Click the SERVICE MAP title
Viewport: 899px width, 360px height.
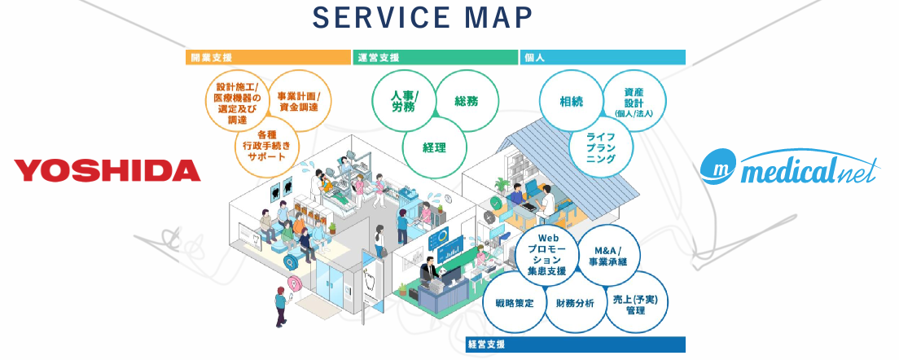tap(423, 17)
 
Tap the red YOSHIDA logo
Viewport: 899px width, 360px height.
tap(107, 170)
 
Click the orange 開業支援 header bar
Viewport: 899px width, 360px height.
tap(267, 57)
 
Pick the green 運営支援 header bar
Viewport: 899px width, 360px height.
tap(436, 57)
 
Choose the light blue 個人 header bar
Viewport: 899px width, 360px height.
tap(603, 57)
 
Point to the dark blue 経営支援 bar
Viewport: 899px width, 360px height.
tap(575, 344)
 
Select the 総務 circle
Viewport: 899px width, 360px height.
tap(467, 101)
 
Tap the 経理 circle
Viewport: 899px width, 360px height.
tap(434, 147)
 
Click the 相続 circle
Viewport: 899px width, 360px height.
tap(571, 102)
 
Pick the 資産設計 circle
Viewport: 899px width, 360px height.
tap(634, 103)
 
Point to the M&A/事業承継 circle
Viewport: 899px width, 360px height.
tap(611, 256)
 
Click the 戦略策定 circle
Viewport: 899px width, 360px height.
tap(514, 303)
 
